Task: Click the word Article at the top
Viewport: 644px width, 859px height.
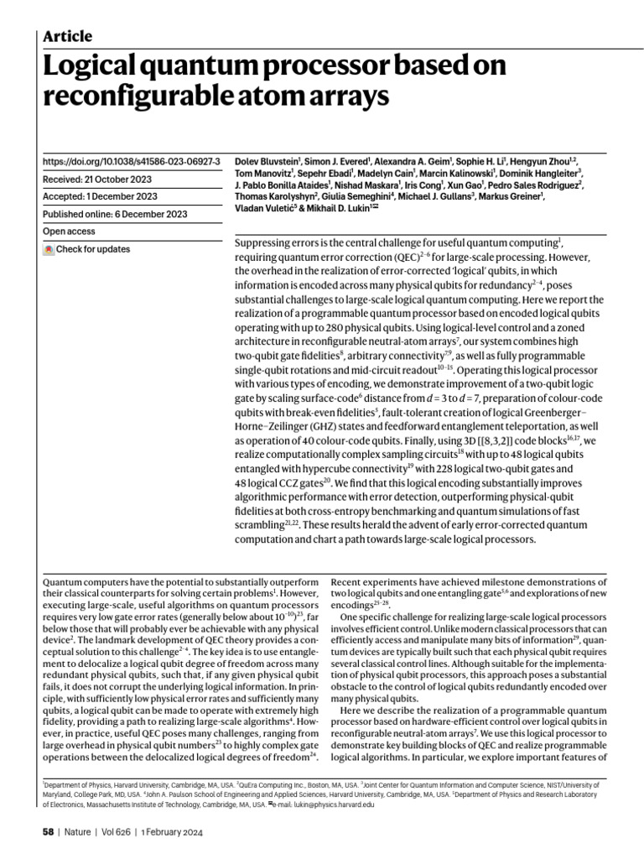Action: [x=67, y=36]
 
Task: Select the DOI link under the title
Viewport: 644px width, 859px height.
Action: [x=131, y=160]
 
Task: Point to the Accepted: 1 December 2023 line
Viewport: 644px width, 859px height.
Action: [x=100, y=196]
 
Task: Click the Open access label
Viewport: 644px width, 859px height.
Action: [x=69, y=232]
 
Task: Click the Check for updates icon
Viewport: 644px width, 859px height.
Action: [x=49, y=249]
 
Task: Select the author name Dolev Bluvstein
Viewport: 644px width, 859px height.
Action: [x=266, y=160]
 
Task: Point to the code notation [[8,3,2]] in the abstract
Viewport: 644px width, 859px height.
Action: [x=513, y=440]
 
